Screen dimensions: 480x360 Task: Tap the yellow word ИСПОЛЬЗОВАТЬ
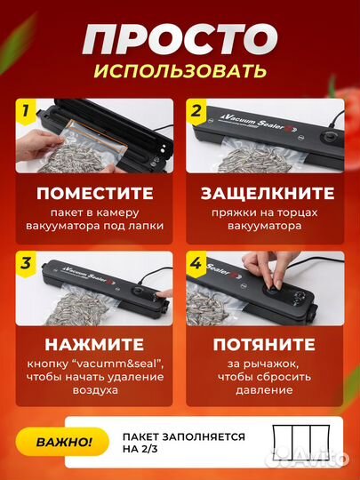pos(180,70)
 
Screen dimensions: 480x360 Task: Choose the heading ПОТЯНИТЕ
pos(264,343)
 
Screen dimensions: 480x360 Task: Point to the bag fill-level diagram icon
pos(293,440)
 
